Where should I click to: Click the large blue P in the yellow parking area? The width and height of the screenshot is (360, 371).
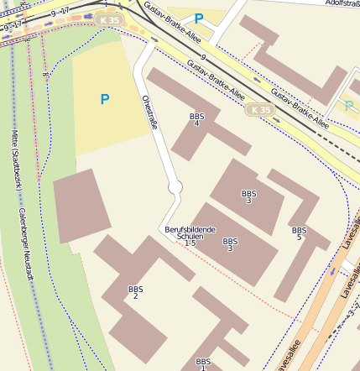click(105, 99)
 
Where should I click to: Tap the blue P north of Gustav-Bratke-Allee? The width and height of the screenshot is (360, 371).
click(199, 18)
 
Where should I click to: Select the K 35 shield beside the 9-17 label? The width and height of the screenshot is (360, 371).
click(107, 18)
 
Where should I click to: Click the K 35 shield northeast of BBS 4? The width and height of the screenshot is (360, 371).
click(261, 110)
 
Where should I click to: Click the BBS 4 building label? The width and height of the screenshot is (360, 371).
click(197, 119)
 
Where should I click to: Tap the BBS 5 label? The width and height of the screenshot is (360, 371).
click(299, 233)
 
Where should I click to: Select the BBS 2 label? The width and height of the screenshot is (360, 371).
click(135, 292)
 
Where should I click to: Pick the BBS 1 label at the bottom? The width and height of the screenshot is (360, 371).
click(202, 363)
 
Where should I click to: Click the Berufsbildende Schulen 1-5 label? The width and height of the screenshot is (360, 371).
click(190, 236)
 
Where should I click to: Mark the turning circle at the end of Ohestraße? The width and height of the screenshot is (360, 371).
click(175, 189)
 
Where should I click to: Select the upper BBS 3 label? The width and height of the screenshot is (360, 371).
click(248, 196)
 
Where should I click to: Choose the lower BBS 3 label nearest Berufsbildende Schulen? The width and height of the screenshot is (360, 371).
click(229, 244)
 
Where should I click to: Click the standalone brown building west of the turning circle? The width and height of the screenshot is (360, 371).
click(81, 206)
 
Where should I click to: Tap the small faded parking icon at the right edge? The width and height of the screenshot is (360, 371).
click(348, 106)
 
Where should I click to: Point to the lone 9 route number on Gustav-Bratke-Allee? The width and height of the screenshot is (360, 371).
click(203, 57)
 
